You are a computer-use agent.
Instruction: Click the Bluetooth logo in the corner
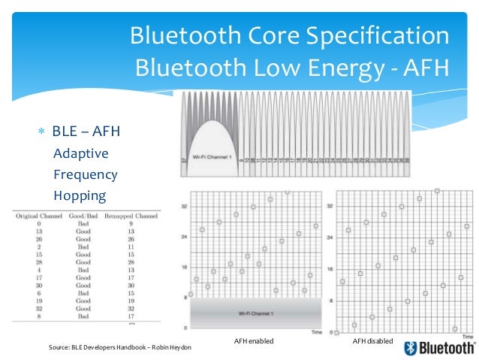pyautogui.click(x=439, y=347)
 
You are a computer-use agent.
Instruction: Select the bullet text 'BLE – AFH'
pyautogui.click(x=86, y=132)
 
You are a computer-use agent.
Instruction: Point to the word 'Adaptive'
pyautogui.click(x=81, y=153)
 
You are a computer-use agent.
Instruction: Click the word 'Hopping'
pyautogui.click(x=80, y=195)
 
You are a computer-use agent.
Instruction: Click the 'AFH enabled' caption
pyautogui.click(x=254, y=341)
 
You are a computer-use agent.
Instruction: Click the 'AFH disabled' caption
pyautogui.click(x=372, y=341)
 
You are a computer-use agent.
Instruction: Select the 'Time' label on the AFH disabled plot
pyautogui.click(x=465, y=331)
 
